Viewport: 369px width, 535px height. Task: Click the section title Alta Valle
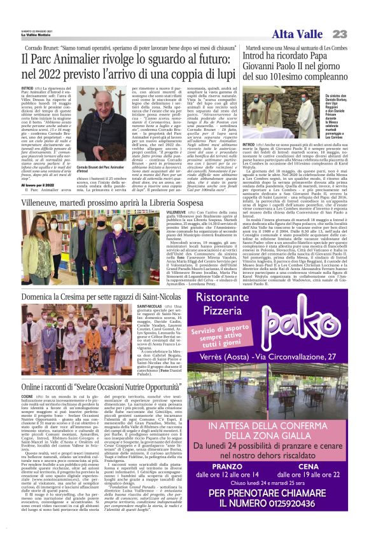300,34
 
